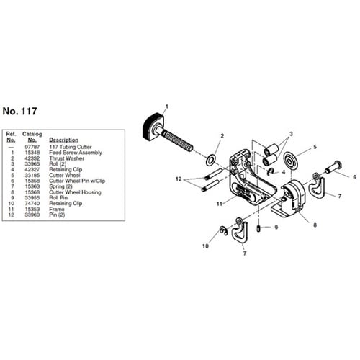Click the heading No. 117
pos(19,111)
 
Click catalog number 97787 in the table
pos(32,147)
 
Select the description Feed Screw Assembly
pos(76,153)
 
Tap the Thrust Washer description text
pos(67,158)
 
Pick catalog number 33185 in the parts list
pos(32,175)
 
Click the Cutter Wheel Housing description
pos(75,192)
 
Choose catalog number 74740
pos(32,204)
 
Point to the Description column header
pos(64,140)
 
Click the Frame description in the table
pos(57,210)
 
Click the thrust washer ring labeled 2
pos(211,160)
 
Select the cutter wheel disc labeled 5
pos(291,160)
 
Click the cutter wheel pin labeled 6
pos(333,167)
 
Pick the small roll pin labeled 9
pos(258,228)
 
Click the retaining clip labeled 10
pos(224,230)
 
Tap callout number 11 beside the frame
pos(220,204)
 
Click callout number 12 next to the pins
pos(179,179)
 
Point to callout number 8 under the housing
pos(315,225)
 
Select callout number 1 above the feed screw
pos(167,107)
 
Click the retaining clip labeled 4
pos(271,172)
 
